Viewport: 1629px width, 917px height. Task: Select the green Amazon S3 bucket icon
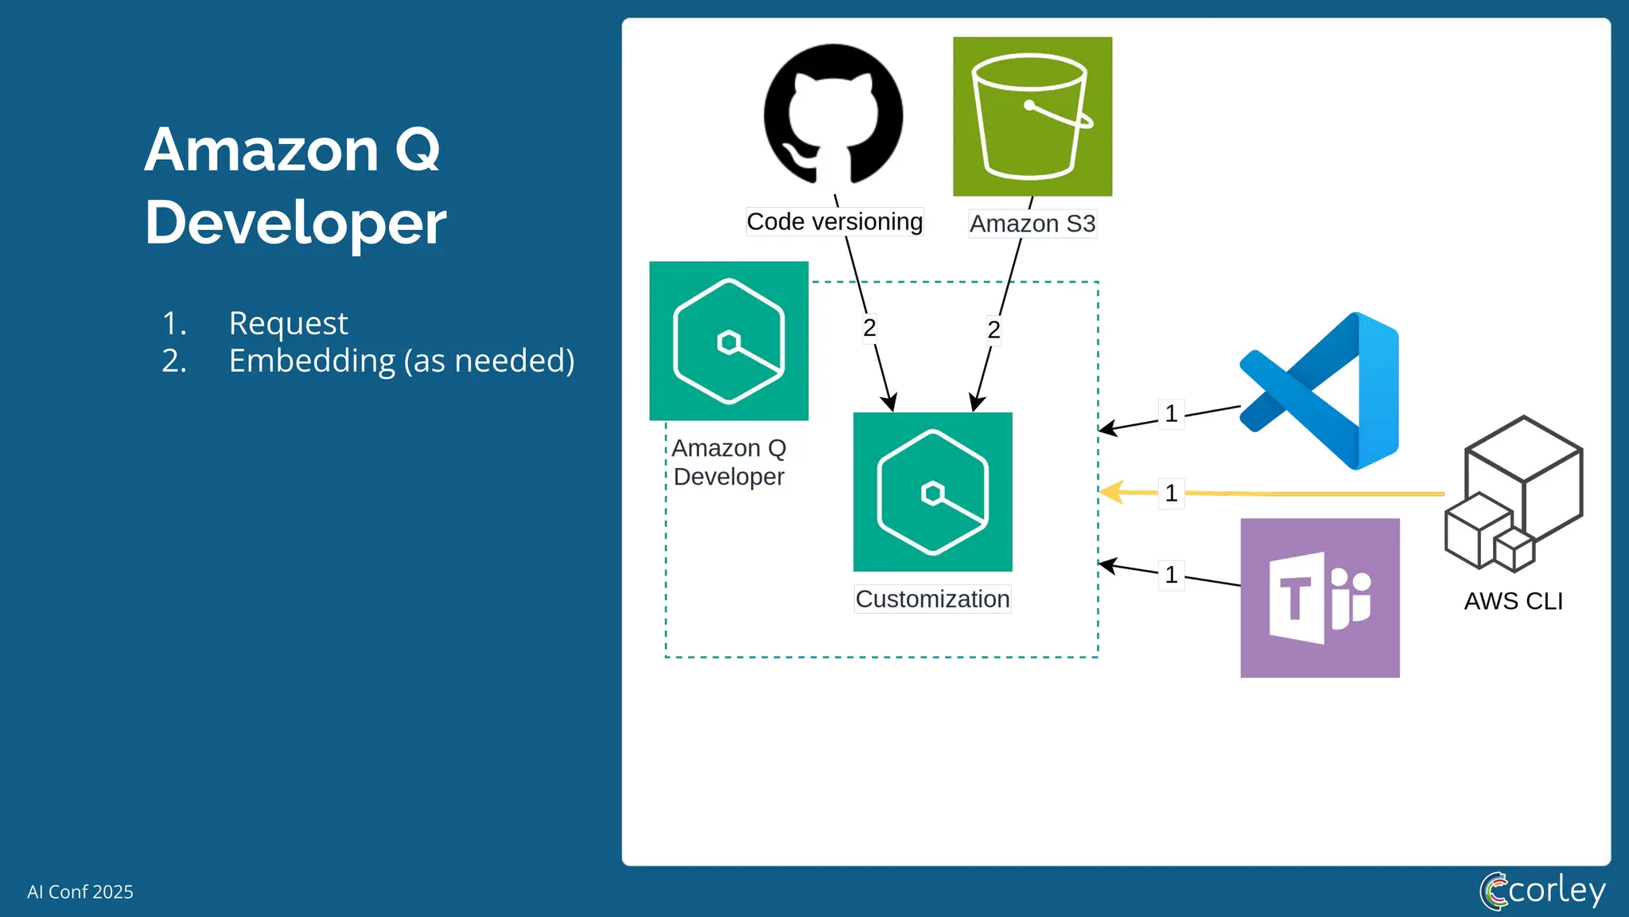pos(1032,116)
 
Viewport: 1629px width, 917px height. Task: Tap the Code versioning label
pos(834,221)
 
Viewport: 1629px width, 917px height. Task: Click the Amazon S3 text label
pos(1032,224)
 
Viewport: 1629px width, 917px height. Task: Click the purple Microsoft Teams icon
pos(1320,598)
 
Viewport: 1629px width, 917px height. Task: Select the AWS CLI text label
pos(1513,601)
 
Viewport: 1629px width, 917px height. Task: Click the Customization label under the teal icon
pos(932,599)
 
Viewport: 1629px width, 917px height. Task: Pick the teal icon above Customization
pos(932,492)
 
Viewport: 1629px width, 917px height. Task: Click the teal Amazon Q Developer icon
pos(729,341)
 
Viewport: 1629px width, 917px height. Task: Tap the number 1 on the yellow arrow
pos(1171,494)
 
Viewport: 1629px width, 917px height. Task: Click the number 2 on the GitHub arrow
pos(869,327)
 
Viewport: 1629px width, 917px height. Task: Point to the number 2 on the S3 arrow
pos(993,329)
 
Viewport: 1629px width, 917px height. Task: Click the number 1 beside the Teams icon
pos(1171,575)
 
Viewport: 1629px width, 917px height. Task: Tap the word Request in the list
pos(288,323)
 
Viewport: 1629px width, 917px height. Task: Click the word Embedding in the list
pos(312,361)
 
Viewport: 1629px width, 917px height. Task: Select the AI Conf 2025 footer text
pos(80,892)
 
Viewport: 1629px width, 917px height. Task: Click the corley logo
pos(1542,890)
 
